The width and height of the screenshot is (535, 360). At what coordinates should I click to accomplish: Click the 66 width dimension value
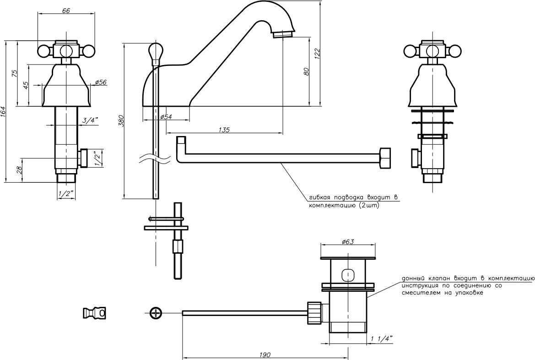click(x=66, y=11)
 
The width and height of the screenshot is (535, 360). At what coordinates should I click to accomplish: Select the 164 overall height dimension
click(x=3, y=112)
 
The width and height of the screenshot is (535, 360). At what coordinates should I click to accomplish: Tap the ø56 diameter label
click(x=101, y=82)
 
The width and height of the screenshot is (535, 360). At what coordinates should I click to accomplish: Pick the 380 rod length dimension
click(x=120, y=121)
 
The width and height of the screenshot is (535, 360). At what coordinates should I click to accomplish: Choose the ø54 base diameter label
click(x=166, y=117)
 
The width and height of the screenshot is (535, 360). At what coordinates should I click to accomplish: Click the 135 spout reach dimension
click(x=224, y=130)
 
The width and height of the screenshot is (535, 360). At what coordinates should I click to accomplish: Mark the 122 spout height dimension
click(x=317, y=54)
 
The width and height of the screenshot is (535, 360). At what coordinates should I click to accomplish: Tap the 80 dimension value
click(x=306, y=71)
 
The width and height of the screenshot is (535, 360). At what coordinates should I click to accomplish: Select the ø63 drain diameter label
click(x=348, y=242)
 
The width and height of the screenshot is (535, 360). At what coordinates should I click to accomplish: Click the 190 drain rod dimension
click(x=265, y=355)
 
